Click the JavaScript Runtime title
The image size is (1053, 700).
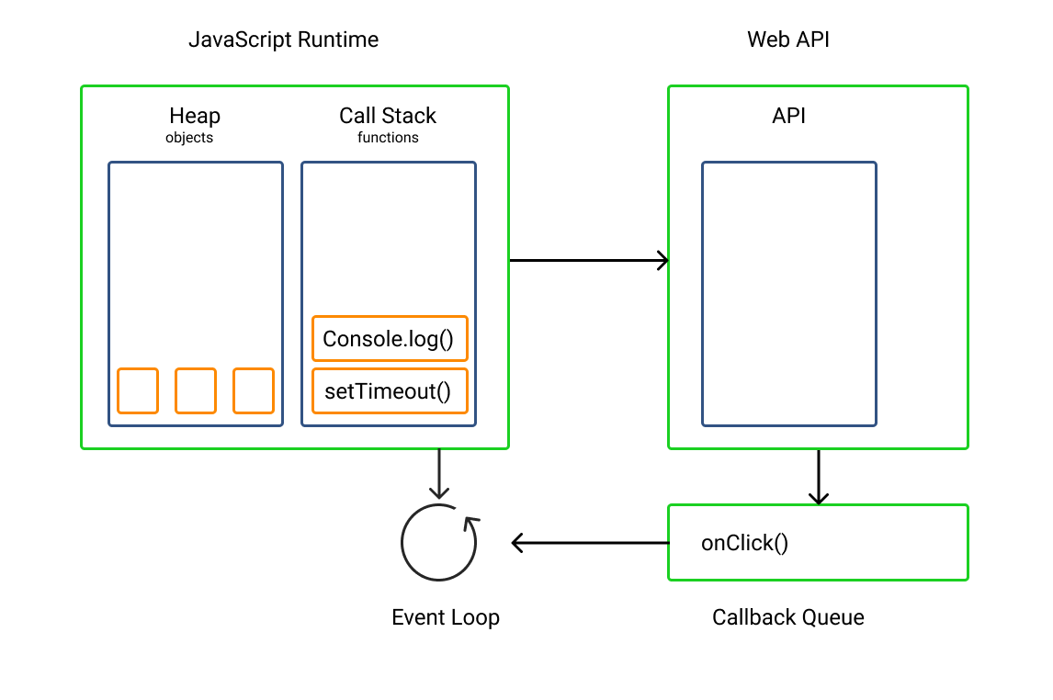coord(283,40)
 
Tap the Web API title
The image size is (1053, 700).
coord(787,40)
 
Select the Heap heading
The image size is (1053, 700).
coord(195,116)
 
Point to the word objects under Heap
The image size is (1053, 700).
coord(189,138)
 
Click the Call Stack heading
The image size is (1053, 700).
coord(388,116)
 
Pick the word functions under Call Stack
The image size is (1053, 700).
coord(388,138)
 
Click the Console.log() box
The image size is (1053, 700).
coord(390,339)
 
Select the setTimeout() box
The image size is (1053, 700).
coord(390,391)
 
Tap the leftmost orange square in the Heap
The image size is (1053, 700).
coord(138,390)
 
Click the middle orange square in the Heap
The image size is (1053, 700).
coord(196,390)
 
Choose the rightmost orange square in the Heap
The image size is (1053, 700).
coord(254,390)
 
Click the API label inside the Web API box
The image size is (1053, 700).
coord(789,117)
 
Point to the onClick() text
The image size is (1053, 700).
coord(744,543)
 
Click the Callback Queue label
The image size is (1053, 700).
coord(787,617)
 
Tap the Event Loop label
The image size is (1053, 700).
coord(446,617)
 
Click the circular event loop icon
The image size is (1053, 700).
coord(439,542)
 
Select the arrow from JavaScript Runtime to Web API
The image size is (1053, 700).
coord(588,260)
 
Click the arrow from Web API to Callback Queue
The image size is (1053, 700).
coord(818,476)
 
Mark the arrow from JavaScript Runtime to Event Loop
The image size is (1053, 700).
coord(439,473)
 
